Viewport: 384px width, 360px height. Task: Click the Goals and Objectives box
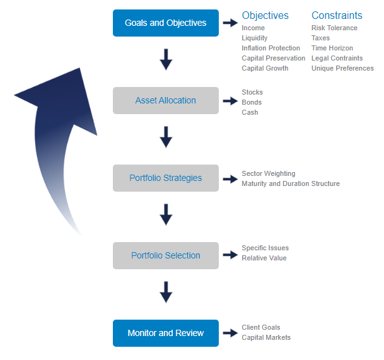pos(165,23)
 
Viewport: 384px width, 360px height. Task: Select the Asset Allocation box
pos(165,100)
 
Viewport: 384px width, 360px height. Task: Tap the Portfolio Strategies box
pos(165,178)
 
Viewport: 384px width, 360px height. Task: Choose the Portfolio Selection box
pos(165,255)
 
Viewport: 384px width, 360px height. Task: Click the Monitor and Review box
pos(165,333)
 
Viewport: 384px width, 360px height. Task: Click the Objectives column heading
pos(265,15)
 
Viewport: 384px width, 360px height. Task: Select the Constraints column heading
pos(337,15)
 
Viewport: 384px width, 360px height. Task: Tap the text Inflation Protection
pos(271,48)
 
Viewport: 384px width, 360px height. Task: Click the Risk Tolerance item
pos(334,28)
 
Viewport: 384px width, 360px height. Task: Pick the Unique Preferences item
pos(342,68)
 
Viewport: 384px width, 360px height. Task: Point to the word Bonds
pos(252,102)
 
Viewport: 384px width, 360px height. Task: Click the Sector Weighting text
pos(268,173)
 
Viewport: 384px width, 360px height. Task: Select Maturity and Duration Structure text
pos(290,183)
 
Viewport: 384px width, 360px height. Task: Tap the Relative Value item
pos(264,258)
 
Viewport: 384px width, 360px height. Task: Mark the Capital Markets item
pos(266,337)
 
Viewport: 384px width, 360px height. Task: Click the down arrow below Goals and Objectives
pos(166,60)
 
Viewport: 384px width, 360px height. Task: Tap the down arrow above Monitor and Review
pos(166,292)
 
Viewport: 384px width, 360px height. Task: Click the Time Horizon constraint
pos(332,48)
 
